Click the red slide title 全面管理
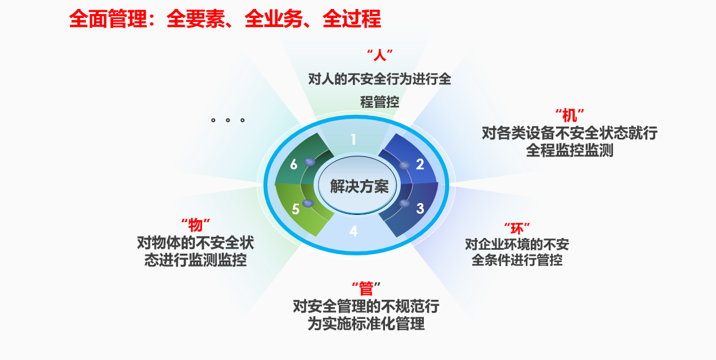(109, 19)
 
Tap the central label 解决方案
(359, 187)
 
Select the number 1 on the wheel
(353, 139)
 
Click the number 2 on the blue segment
(420, 164)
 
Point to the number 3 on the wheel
(420, 209)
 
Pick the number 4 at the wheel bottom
(353, 231)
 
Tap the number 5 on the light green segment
(296, 209)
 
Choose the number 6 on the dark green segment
(294, 164)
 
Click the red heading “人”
(380, 55)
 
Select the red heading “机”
(570, 115)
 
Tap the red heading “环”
(517, 229)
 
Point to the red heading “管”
(366, 289)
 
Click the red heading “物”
(195, 225)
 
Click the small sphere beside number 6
(310, 162)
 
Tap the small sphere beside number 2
(404, 165)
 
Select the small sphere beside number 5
(308, 203)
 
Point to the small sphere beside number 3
(404, 203)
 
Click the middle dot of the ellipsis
(227, 120)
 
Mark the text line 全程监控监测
(570, 150)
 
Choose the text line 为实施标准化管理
(366, 323)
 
